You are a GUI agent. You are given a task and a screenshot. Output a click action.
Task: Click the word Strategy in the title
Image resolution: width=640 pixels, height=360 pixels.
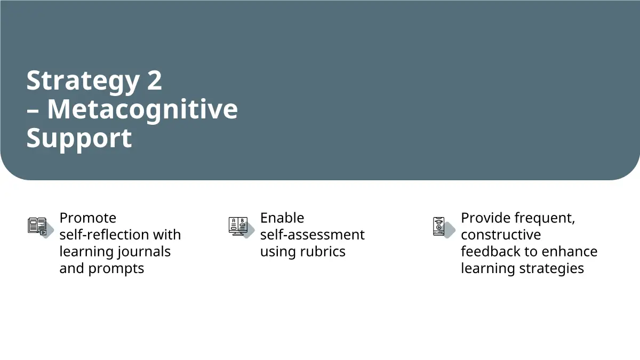(x=83, y=81)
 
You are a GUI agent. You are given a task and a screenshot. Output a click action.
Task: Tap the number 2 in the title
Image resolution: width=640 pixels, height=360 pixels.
(x=155, y=81)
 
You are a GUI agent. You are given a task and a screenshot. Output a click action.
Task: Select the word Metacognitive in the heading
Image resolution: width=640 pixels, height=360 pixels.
(x=142, y=110)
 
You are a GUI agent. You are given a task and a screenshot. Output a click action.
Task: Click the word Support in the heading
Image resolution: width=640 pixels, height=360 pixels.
(x=79, y=138)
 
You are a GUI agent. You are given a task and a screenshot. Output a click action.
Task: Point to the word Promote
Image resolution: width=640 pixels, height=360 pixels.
(x=88, y=218)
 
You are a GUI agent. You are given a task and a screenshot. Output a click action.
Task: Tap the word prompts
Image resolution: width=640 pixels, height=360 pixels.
(x=116, y=269)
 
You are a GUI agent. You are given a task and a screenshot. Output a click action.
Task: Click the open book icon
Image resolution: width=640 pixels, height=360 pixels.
(x=37, y=226)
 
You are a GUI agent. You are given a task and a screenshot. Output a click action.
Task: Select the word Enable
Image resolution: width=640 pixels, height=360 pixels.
(x=282, y=218)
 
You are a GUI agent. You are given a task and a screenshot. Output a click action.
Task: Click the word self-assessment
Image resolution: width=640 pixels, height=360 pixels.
(x=313, y=235)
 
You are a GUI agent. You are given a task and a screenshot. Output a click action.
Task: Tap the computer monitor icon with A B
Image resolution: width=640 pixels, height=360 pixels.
(x=238, y=226)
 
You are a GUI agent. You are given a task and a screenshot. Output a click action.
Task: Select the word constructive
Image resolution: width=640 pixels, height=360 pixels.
(x=501, y=235)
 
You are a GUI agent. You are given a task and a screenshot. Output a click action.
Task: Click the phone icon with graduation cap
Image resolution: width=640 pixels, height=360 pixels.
(x=438, y=226)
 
